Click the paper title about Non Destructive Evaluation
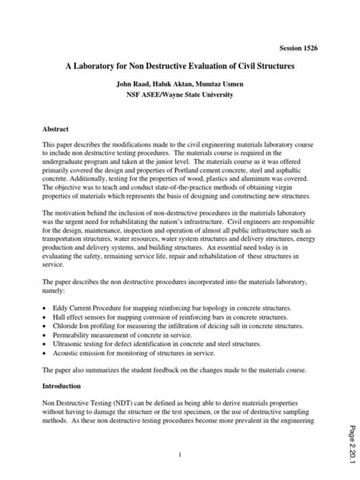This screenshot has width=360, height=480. (x=179, y=67)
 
